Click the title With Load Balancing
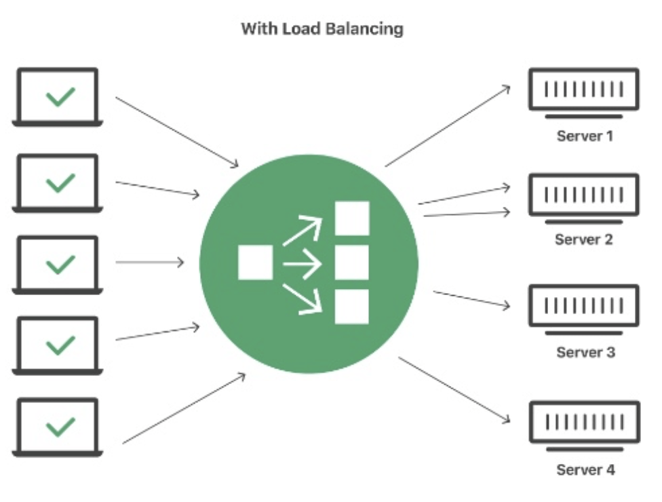[x=322, y=29]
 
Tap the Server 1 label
[x=585, y=136]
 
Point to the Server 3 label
[x=585, y=352]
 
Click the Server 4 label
[x=585, y=469]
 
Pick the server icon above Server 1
[x=583, y=90]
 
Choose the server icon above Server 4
[x=583, y=423]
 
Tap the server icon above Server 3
[x=583, y=307]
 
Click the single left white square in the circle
[x=255, y=263]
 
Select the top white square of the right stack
[x=352, y=218]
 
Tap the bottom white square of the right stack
[x=352, y=307]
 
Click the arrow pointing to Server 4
[x=454, y=390]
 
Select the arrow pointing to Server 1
[x=448, y=125]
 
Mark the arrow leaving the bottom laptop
[x=183, y=408]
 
